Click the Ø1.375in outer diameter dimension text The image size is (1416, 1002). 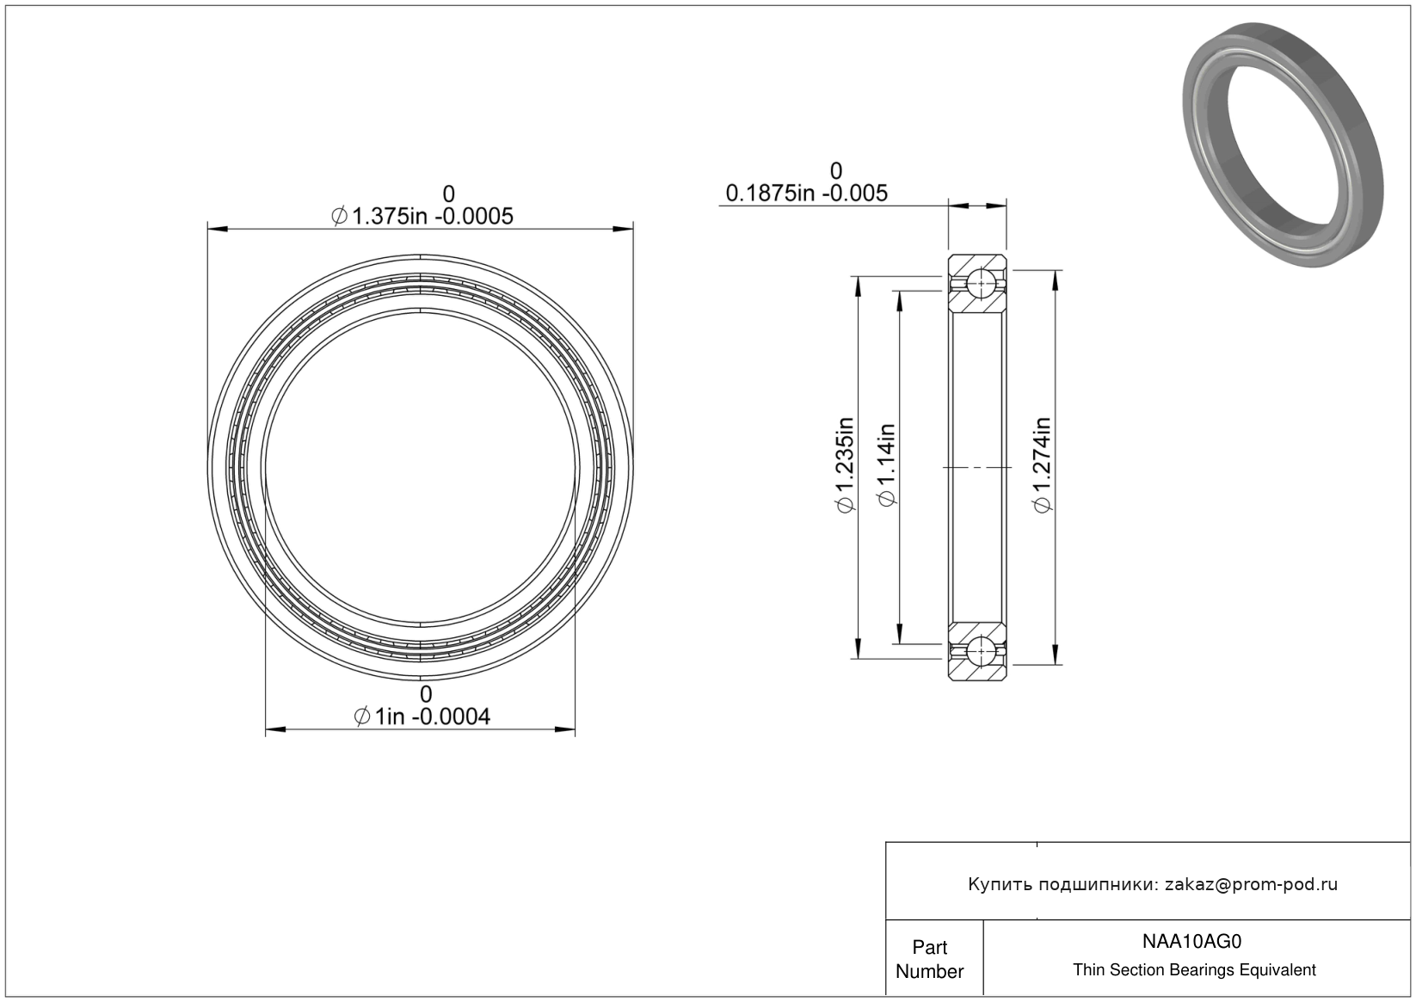[x=422, y=216]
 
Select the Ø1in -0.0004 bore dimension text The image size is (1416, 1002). [x=422, y=716]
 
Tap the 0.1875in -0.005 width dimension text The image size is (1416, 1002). [x=807, y=193]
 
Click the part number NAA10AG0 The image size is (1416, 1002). [x=1191, y=941]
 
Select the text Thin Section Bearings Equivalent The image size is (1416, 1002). [x=1194, y=969]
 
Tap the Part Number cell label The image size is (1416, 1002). [x=930, y=959]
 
